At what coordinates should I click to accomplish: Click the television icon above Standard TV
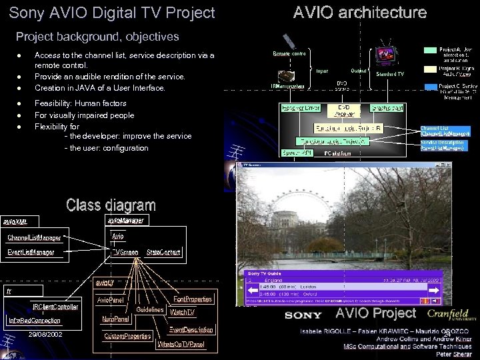(x=386, y=55)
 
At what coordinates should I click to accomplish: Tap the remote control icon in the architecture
(x=289, y=40)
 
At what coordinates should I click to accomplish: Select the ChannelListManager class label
(x=34, y=237)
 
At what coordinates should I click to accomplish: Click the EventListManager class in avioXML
(x=31, y=252)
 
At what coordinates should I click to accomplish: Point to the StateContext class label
(x=164, y=252)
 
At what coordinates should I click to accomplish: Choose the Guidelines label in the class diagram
(x=150, y=309)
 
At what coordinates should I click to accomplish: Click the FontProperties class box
(x=193, y=299)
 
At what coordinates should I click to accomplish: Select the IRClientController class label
(x=55, y=307)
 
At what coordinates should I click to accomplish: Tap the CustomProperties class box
(x=127, y=336)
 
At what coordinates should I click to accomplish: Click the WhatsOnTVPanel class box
(x=181, y=345)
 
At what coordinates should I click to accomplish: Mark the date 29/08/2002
(x=46, y=333)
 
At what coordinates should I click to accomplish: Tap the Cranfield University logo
(x=447, y=314)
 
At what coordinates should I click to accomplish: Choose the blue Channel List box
(x=445, y=131)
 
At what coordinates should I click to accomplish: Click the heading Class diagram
(x=111, y=205)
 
